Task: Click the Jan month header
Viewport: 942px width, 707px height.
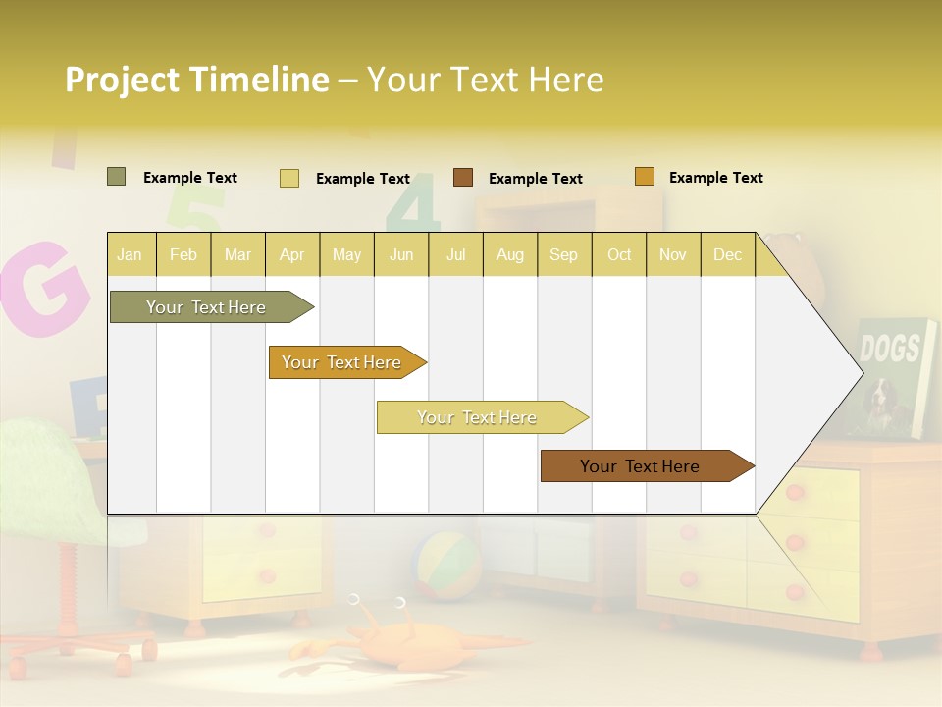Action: tap(130, 254)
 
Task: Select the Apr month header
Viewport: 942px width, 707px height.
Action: tap(291, 254)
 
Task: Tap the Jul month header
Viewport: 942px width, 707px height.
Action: tap(455, 254)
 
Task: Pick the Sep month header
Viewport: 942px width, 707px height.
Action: tap(563, 254)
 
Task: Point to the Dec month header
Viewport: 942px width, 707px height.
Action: tap(727, 254)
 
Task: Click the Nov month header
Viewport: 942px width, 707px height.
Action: tap(672, 254)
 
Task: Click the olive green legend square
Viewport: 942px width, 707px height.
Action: tap(116, 177)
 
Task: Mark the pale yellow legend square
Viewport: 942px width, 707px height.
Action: tap(288, 178)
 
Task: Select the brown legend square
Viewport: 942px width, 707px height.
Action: tap(463, 178)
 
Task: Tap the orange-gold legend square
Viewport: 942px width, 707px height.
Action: tap(644, 177)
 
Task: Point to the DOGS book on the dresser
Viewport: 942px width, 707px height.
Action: tap(894, 373)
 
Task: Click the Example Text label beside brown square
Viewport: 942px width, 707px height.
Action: tap(535, 179)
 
